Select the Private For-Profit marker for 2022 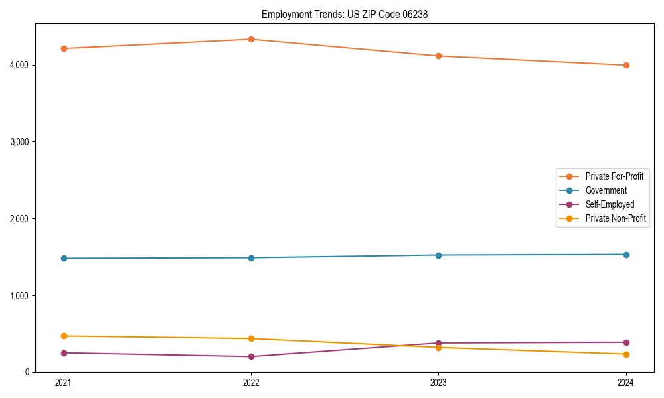251,39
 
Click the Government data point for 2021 64,258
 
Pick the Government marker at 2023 438,255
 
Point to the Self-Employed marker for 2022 251,356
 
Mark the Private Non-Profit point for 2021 64,336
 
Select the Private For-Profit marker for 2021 64,48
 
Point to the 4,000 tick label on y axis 37,65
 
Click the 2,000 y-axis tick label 37,218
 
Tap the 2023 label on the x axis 438,382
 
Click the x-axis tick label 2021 64,382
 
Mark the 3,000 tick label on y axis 37,142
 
